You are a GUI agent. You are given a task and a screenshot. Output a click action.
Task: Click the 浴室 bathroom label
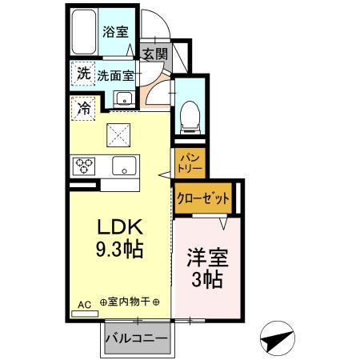[115, 32]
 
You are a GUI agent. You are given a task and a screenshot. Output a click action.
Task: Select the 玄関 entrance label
[155, 54]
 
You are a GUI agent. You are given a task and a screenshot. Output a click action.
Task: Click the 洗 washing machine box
[83, 73]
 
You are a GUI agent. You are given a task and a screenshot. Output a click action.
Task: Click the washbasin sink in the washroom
[123, 99]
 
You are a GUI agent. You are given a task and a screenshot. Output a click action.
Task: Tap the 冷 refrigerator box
[83, 106]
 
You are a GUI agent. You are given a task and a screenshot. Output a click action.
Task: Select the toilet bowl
[191, 114]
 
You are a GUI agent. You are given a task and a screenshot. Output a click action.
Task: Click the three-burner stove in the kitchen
[85, 166]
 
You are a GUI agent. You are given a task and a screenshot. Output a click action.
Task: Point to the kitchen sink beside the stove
[123, 166]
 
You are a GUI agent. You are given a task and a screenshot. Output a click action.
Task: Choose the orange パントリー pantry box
[191, 163]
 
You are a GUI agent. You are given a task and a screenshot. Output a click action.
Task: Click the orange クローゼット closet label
[203, 198]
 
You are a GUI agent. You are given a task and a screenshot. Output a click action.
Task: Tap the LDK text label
[118, 226]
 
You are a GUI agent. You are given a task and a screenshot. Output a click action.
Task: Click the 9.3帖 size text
[118, 250]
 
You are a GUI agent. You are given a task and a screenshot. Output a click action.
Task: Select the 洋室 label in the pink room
[206, 259]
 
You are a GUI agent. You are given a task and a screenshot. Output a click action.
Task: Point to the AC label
[84, 304]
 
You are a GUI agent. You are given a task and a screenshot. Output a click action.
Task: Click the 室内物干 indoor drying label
[130, 303]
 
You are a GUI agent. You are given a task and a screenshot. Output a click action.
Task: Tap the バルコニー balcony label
[137, 338]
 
